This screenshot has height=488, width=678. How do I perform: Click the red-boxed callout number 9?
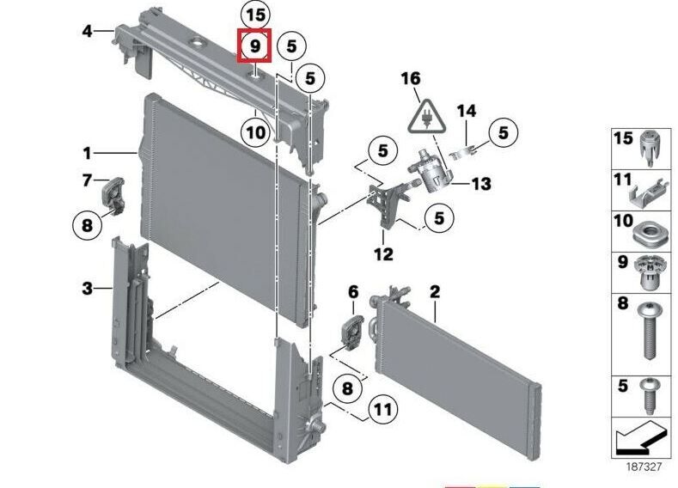254,46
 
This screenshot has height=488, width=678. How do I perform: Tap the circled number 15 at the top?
254,15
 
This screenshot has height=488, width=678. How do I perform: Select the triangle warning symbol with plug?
427,116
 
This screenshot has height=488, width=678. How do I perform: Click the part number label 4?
88,31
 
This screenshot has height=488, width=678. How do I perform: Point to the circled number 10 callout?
255,131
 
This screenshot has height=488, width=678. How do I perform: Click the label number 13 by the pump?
481,184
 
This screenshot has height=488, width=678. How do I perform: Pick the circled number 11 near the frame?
382,409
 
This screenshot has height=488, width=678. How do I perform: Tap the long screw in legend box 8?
649,331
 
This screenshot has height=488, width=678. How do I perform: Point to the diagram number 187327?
644,467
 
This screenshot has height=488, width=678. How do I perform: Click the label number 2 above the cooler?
435,292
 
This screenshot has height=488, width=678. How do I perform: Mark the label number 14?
467,112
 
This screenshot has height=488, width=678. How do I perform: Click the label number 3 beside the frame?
88,288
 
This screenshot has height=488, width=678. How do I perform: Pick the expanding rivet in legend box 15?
649,149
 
